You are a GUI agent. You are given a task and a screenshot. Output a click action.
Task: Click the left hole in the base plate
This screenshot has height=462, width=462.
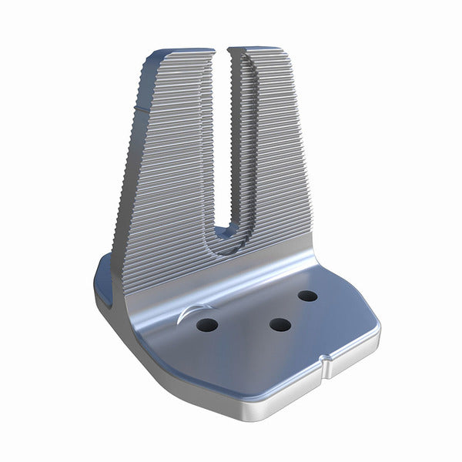pos(206,325)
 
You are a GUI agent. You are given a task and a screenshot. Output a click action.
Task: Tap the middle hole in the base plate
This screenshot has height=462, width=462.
pos(280,324)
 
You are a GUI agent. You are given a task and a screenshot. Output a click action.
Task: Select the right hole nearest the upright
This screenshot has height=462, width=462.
pos(308,296)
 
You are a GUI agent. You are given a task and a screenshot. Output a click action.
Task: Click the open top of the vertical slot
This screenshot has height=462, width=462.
pos(223,52)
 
